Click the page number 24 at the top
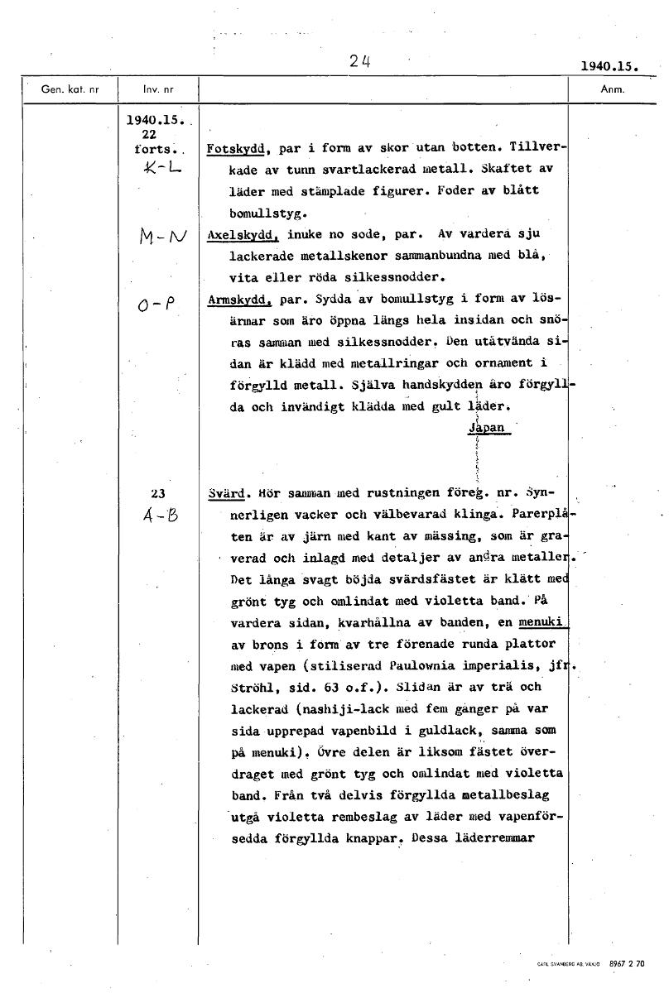pyautogui.click(x=358, y=60)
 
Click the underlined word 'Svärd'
pyautogui.click(x=224, y=494)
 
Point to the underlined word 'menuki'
pyautogui.click(x=542, y=623)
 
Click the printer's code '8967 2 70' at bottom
pyautogui.click(x=627, y=964)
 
